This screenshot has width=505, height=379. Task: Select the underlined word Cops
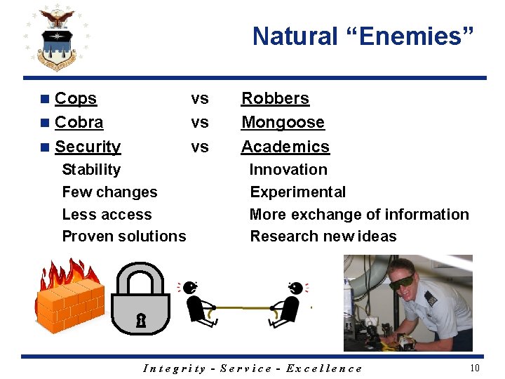click(x=75, y=99)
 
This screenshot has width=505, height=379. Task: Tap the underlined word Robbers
click(x=275, y=99)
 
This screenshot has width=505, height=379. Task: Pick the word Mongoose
click(x=283, y=123)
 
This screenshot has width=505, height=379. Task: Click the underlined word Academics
click(x=285, y=147)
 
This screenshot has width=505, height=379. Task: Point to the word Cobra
click(x=79, y=123)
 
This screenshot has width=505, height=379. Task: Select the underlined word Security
click(x=88, y=147)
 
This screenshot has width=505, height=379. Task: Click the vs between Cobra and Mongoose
click(x=200, y=123)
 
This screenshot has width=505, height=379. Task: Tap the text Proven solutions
click(x=124, y=237)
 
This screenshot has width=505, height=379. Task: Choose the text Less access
click(x=107, y=215)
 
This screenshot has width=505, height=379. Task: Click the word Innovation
click(x=288, y=170)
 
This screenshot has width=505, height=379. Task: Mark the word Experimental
click(x=297, y=192)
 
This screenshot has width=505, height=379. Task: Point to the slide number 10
click(x=475, y=368)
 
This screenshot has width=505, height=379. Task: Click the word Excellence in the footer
click(x=324, y=368)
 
